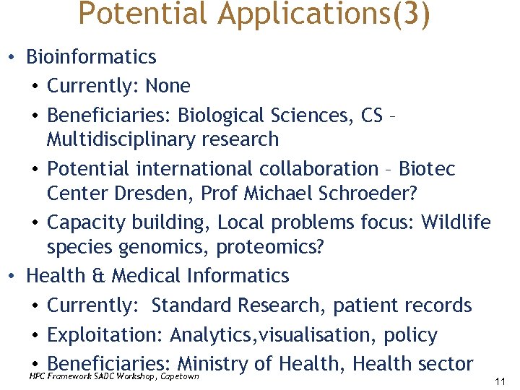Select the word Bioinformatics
click(x=91, y=56)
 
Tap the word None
click(x=168, y=86)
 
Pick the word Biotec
click(x=428, y=168)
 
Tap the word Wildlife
click(x=456, y=222)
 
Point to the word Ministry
click(x=214, y=364)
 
